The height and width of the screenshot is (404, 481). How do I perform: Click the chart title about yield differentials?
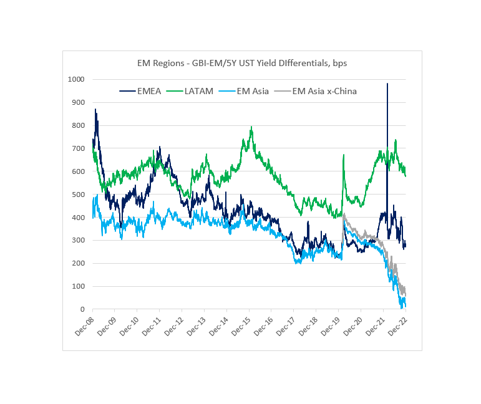[242, 64]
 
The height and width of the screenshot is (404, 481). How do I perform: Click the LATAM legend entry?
[192, 91]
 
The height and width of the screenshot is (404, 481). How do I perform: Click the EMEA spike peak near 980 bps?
[387, 84]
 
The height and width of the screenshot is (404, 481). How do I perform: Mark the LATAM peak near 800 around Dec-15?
[251, 127]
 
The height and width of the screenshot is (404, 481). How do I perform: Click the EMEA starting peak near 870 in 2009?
[95, 109]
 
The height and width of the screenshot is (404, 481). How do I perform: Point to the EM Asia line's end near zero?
[406, 307]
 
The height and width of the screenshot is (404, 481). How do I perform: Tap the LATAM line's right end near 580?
[406, 176]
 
